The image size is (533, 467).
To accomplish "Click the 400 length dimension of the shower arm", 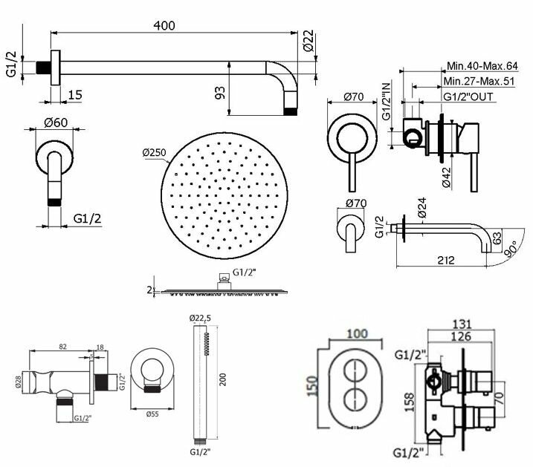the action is [x=164, y=25].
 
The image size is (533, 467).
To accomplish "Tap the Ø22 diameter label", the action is [x=309, y=41].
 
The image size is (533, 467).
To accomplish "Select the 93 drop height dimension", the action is [x=220, y=93].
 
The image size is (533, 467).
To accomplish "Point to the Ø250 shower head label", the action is [x=155, y=153].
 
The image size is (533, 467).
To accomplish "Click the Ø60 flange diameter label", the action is [x=56, y=123].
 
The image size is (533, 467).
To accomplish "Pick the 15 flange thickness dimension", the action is [x=75, y=95].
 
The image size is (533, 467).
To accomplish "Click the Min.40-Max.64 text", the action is [x=482, y=66].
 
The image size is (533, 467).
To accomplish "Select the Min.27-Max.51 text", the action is [x=479, y=82].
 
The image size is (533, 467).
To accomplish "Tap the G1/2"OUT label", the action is [x=468, y=97].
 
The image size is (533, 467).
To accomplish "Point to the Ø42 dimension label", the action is [x=446, y=177].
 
